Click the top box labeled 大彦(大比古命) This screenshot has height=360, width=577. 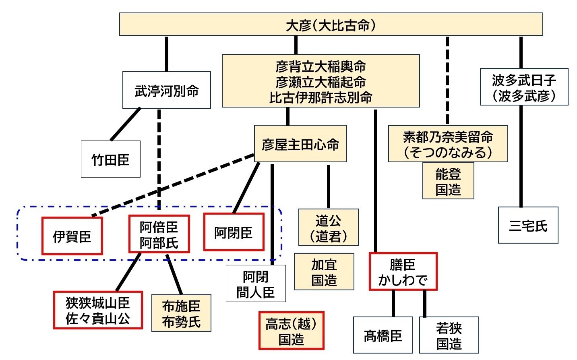point(331,25)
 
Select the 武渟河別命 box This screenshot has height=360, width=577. point(166,90)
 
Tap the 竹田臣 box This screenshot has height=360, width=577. point(110,159)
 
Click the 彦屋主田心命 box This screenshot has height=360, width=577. point(300,144)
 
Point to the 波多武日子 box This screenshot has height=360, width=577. point(524,87)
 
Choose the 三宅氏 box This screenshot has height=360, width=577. point(528,225)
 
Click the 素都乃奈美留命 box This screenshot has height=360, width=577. point(448,144)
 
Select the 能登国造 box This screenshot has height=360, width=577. point(448,181)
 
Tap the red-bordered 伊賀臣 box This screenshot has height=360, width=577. point(72,236)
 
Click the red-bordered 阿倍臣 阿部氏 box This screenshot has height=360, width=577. point(159,234)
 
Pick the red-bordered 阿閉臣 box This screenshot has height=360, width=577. point(234,232)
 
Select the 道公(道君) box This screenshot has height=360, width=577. point(328,228)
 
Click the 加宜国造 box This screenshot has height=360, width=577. point(324,272)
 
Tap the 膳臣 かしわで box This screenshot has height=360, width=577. point(403,271)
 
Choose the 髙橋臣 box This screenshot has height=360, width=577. point(383,335)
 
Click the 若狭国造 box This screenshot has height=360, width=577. point(449,335)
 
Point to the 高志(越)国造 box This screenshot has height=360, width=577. point(291,331)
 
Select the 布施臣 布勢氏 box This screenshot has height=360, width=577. point(181,313)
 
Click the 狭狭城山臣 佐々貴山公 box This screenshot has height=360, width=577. point(98,310)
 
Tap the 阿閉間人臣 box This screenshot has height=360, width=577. point(256,283)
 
